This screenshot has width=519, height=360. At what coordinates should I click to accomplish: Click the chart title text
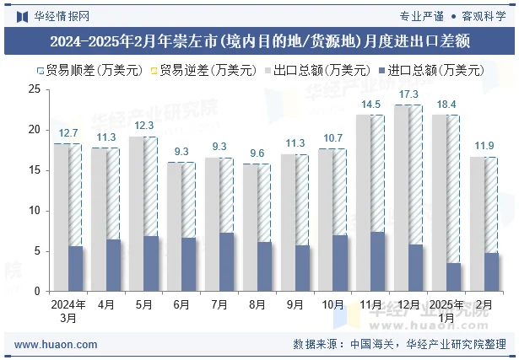[x=259, y=40]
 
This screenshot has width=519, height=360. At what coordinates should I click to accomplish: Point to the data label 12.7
[x=68, y=133]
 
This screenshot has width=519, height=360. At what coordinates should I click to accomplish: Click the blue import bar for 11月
[x=378, y=261]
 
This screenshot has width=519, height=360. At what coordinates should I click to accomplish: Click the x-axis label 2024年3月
[x=68, y=310]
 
